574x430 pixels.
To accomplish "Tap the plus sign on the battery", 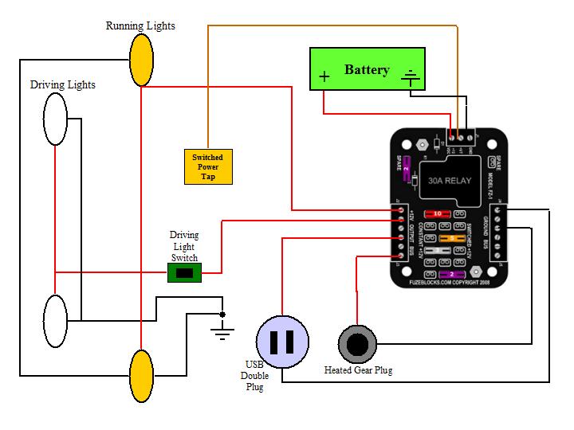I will [x=324, y=77].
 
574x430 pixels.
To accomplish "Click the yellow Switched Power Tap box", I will [x=207, y=166].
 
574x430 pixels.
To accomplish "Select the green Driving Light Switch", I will [x=184, y=273].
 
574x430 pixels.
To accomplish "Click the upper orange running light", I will [x=141, y=61].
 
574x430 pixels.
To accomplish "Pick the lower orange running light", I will [x=141, y=376].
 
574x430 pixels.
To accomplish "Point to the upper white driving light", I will [x=55, y=118].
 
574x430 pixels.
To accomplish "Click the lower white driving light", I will [x=55, y=321].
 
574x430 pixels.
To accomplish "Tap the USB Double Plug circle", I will [x=283, y=342].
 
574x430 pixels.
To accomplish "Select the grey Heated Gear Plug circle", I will [x=357, y=344].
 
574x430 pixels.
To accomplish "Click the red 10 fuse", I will [x=438, y=214].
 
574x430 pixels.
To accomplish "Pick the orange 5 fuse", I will [x=451, y=237].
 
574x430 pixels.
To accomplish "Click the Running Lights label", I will [x=140, y=26].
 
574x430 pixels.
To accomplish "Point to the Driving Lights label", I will [x=62, y=84].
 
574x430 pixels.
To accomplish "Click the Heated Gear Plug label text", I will [x=358, y=370].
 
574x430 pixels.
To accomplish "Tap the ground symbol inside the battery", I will [x=411, y=77].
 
